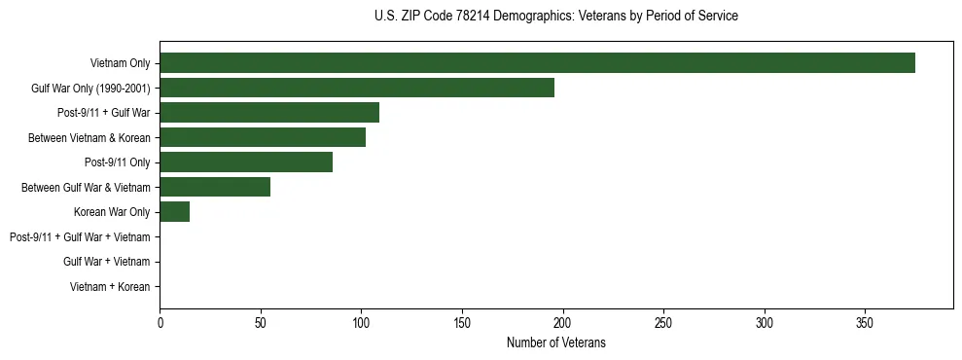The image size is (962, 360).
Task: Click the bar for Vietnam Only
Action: coord(537,63)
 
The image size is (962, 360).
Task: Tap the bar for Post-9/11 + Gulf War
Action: coord(269,113)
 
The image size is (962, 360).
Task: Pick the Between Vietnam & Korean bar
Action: coord(263,138)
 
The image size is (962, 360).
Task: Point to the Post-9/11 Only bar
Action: coord(246,162)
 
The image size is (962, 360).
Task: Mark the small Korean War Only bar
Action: coord(175,212)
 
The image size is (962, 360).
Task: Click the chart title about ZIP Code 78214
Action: coord(555,17)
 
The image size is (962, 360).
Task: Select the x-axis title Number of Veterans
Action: coord(555,342)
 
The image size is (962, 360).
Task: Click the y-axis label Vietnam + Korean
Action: coord(110,287)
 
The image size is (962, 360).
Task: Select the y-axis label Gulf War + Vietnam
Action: coord(106,262)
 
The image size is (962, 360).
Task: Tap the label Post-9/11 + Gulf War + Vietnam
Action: coord(80,237)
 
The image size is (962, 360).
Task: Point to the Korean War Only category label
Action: coord(112,212)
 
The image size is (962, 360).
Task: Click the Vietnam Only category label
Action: coord(120,63)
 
